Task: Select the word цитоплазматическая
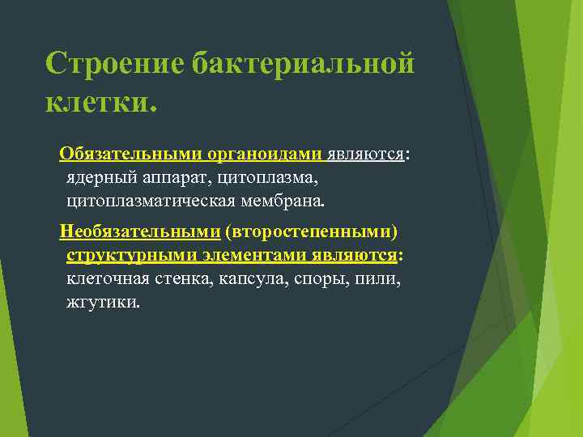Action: point(148,197)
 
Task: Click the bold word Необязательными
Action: point(139,233)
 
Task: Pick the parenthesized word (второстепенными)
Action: point(312,233)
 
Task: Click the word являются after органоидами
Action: point(366,154)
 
